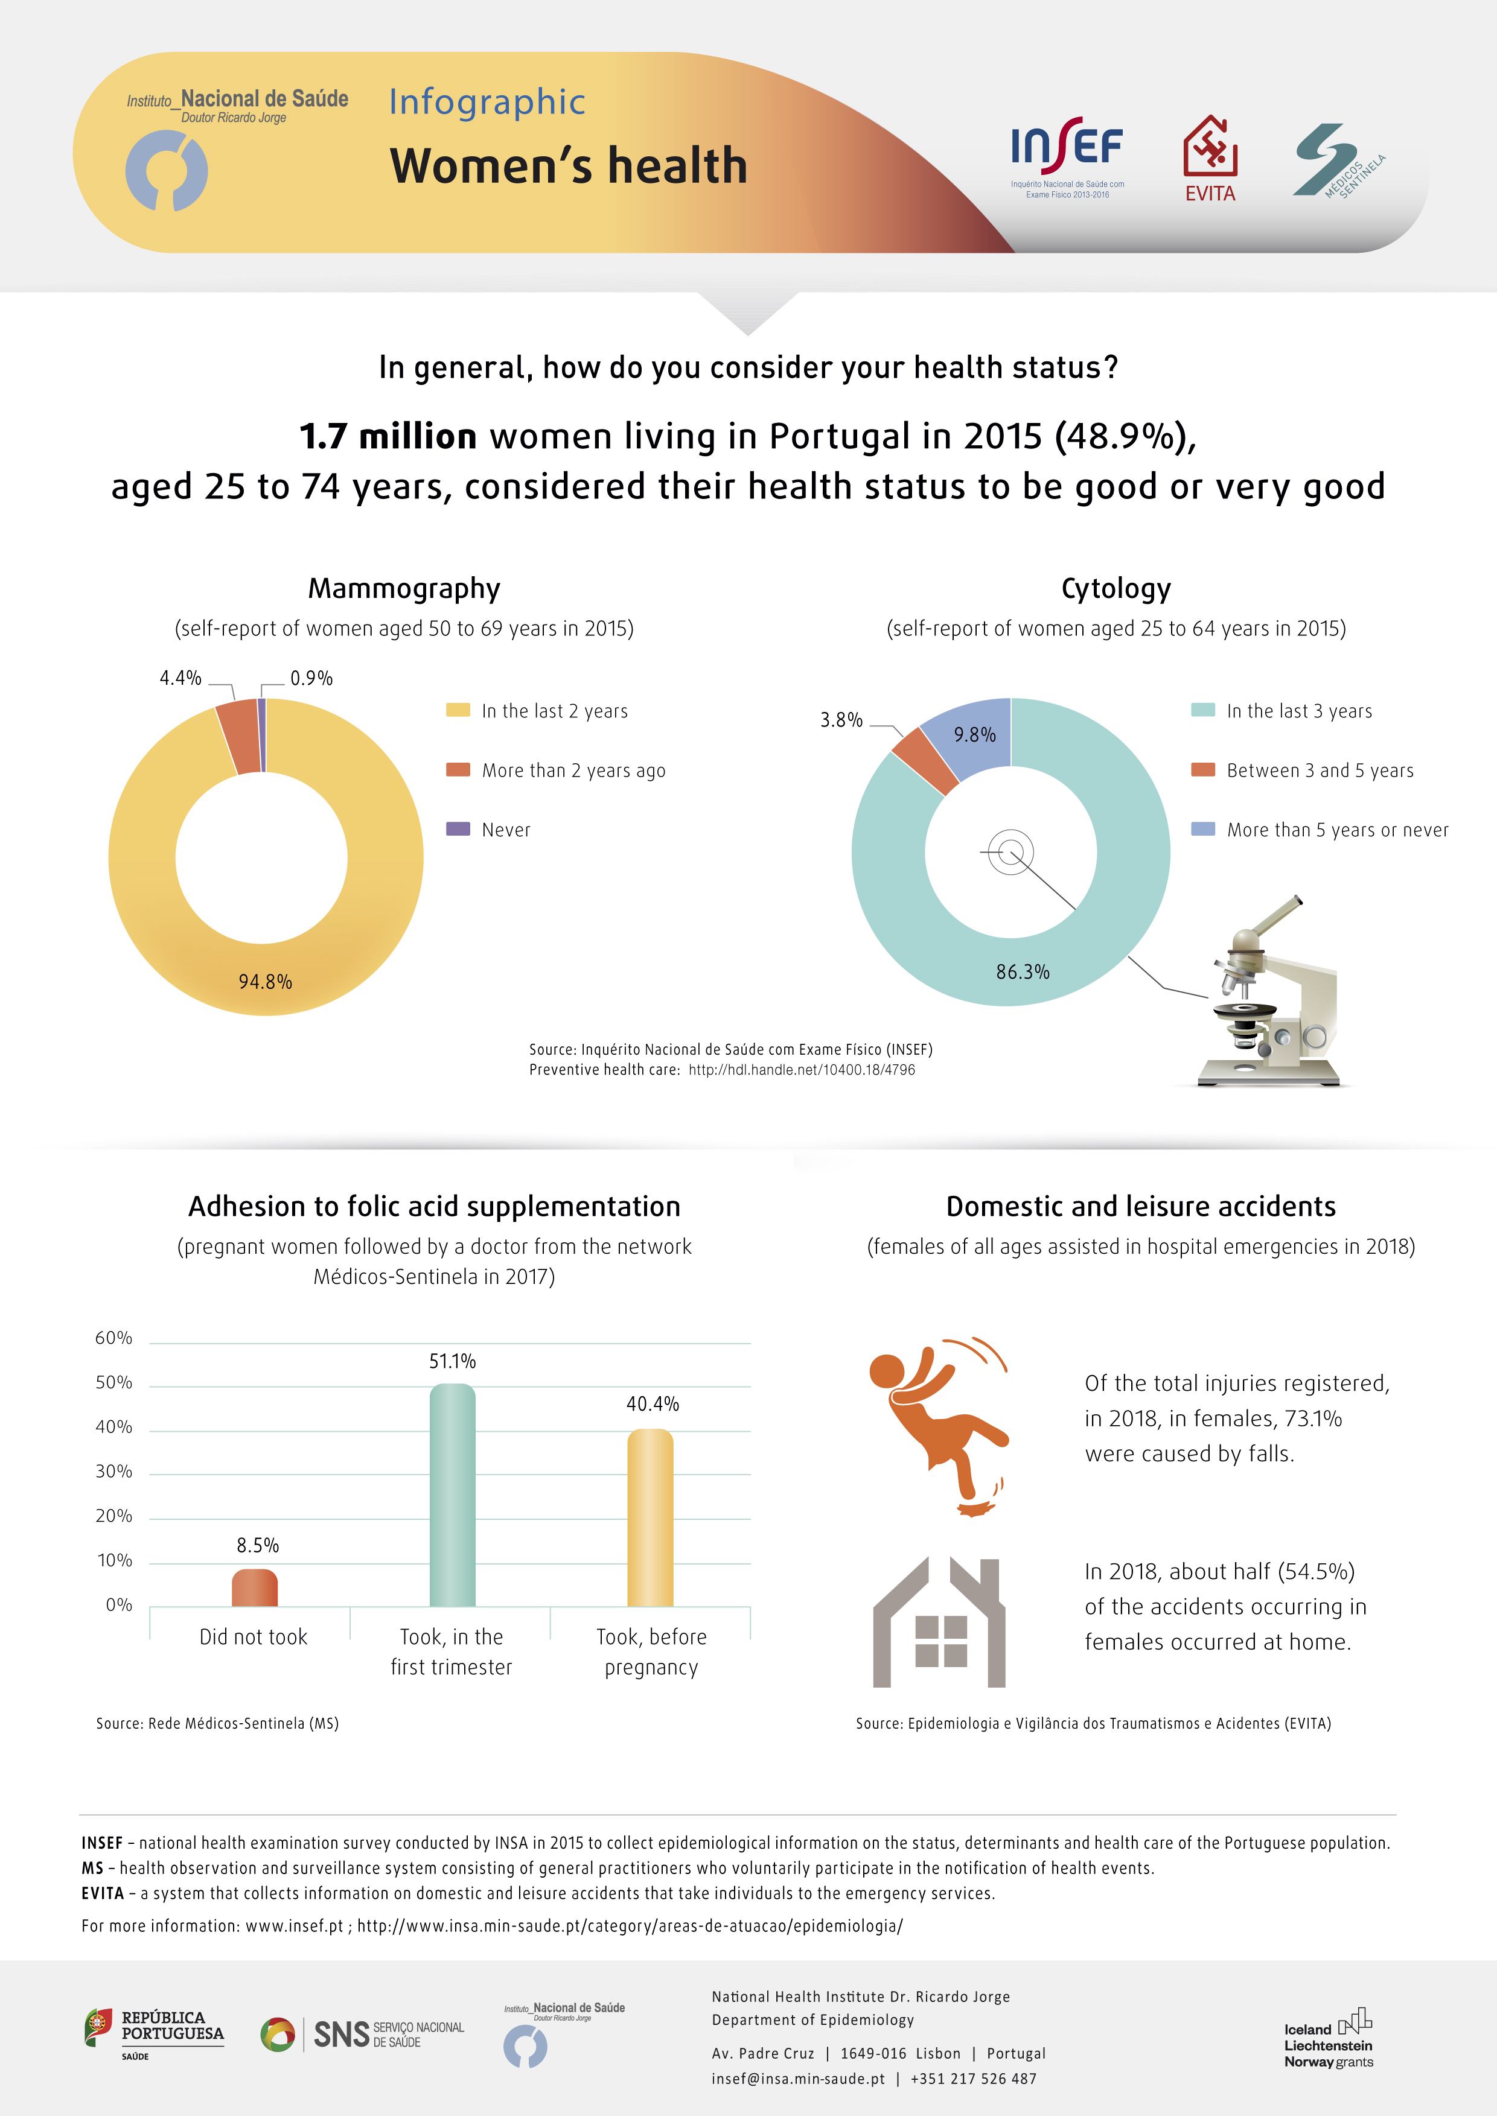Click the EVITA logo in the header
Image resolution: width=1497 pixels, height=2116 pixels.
(1210, 159)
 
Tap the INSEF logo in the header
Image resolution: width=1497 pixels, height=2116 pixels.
(1067, 157)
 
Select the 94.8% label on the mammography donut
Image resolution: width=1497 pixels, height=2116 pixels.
(266, 982)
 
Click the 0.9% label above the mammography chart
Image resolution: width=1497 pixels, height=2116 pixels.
(311, 678)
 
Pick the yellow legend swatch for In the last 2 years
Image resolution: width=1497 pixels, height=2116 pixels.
(458, 710)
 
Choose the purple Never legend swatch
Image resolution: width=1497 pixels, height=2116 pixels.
(458, 828)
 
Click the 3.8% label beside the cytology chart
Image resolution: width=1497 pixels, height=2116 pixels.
(841, 720)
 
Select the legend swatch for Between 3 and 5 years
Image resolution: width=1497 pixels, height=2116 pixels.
(1203, 769)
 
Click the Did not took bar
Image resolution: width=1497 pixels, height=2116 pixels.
(254, 1588)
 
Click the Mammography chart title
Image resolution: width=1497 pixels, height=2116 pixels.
(404, 588)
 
